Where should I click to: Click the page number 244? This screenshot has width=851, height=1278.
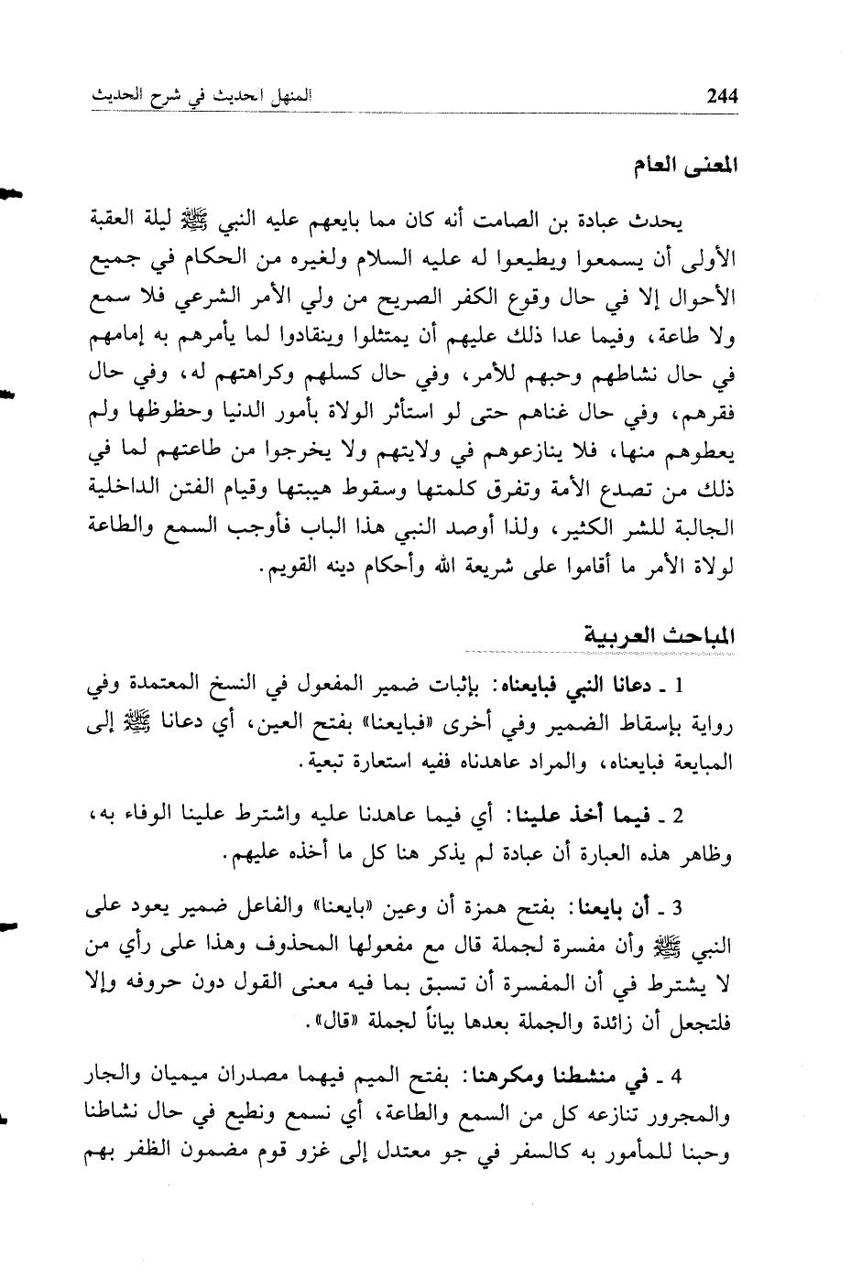[716, 96]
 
